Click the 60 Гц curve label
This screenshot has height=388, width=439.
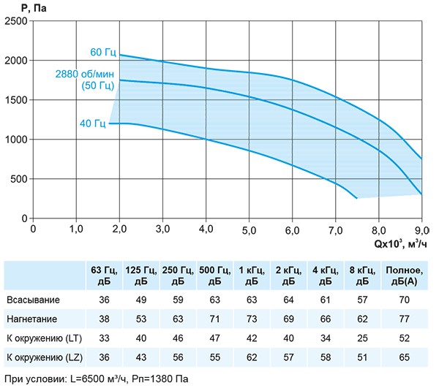103,53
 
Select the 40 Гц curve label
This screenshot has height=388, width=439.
93,123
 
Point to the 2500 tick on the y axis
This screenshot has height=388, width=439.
16,21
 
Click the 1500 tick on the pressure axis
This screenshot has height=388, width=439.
16,100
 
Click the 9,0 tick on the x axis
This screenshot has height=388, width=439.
421,228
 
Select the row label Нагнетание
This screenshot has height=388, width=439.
33,319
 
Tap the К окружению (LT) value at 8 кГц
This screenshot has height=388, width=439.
362,338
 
